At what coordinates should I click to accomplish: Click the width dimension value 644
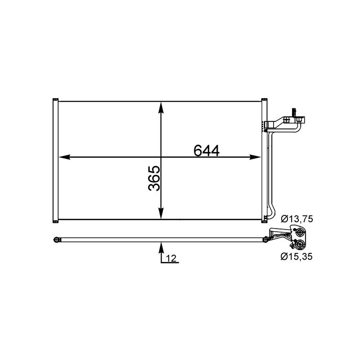tap(207, 150)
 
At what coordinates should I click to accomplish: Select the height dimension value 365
tap(154, 179)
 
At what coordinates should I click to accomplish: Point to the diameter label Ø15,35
tap(297, 257)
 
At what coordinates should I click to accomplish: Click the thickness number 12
tap(171, 258)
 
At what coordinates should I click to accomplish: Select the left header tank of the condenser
tap(55, 160)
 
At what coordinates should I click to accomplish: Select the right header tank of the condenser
tap(264, 160)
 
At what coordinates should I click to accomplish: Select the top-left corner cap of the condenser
tap(55, 99)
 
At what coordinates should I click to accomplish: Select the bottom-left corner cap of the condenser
tap(55, 220)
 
